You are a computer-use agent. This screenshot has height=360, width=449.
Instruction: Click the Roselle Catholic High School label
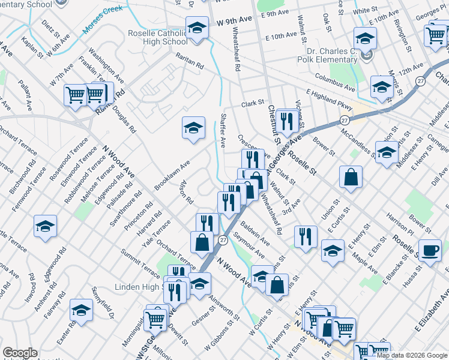click(x=158, y=37)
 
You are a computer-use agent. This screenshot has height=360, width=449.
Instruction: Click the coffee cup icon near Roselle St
click(x=429, y=251)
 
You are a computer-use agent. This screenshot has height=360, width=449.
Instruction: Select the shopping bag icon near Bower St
click(x=351, y=177)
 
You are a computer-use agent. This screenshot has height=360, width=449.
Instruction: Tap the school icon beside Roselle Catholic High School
click(x=196, y=28)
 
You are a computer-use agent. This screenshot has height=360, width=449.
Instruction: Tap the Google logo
click(x=20, y=353)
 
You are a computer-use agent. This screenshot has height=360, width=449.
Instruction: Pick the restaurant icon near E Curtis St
click(x=307, y=236)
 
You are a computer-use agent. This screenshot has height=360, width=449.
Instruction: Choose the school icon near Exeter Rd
click(x=81, y=310)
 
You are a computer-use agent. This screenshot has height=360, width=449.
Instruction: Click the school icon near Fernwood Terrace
click(x=45, y=226)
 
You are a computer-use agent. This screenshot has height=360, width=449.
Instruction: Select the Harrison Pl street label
click(x=400, y=223)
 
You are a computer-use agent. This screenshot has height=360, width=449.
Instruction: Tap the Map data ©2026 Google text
click(x=412, y=355)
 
